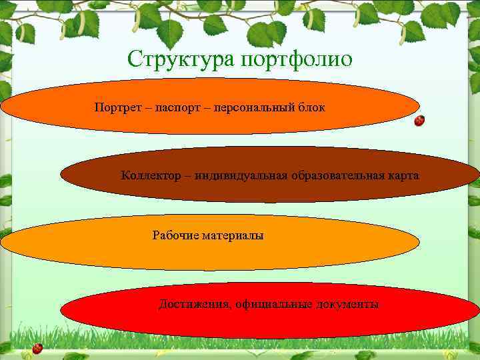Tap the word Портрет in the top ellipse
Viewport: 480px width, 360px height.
point(117,107)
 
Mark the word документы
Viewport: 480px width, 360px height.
point(347,305)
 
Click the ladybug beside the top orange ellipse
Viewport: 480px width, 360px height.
point(419,121)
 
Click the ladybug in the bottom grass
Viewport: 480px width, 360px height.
point(37,348)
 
